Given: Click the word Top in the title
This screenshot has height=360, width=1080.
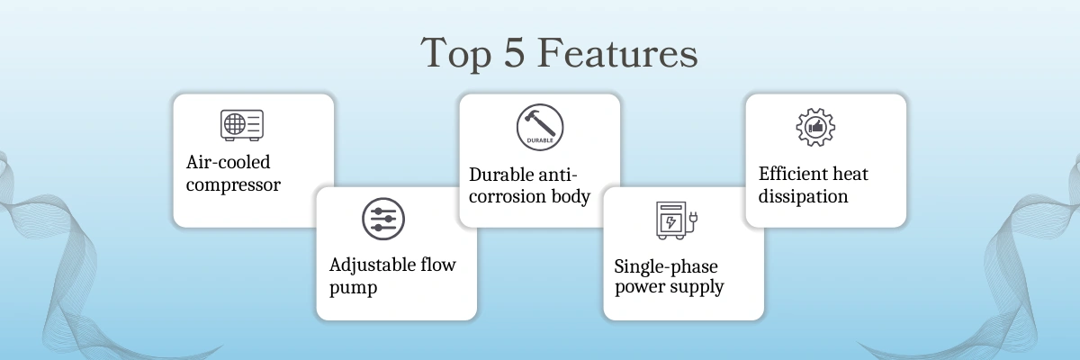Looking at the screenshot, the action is tap(456, 54).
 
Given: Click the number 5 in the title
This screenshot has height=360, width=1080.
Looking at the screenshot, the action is tap(514, 52).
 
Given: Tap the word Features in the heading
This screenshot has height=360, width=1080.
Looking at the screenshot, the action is tap(617, 52).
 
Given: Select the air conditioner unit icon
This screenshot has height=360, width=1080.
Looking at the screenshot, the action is tap(242, 125).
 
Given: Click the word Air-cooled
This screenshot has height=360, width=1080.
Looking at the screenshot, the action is tap(228, 162).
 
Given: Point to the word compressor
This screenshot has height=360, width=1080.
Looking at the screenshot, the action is tap(233, 185).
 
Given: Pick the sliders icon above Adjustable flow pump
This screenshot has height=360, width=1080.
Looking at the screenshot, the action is tap(383, 219).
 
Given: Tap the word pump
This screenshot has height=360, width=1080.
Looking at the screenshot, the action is tap(354, 288).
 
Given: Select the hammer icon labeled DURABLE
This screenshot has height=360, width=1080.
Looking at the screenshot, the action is tap(540, 127).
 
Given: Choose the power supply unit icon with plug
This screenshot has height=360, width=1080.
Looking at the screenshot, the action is tap(677, 220).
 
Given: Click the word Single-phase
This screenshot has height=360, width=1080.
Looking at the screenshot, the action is tap(666, 266).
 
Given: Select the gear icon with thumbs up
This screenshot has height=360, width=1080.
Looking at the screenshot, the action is tap(815, 127).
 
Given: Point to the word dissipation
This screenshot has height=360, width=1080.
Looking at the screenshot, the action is tap(803, 196).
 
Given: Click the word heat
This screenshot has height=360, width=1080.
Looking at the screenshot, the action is tap(848, 174).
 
